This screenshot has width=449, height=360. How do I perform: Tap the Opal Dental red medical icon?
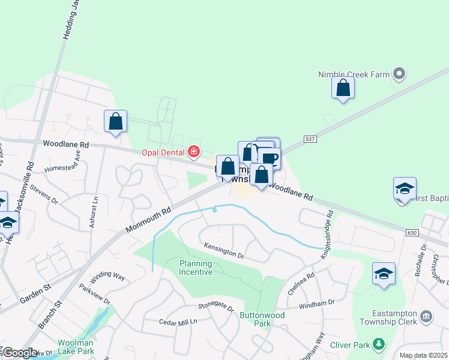[194, 151]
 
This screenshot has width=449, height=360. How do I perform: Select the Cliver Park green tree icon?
[379, 344]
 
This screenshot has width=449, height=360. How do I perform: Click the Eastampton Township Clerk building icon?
[426, 316]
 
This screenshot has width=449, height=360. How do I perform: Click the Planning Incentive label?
[196, 268]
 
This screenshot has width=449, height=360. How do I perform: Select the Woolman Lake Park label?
[76, 346]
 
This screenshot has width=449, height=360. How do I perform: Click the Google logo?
[20, 353]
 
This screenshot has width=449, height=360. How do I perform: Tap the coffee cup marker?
[270, 158]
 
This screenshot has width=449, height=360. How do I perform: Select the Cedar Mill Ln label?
[178, 322]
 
